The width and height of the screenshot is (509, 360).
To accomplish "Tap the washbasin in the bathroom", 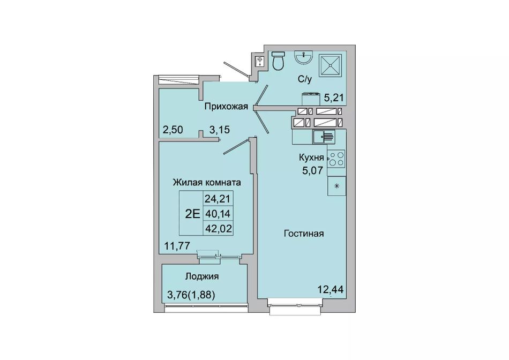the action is pos(303,57).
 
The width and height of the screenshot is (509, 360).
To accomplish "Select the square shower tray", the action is pos(330,65).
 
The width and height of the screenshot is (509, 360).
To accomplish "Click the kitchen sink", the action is pos(324,137).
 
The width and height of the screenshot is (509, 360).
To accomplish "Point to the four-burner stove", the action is pos(336,159).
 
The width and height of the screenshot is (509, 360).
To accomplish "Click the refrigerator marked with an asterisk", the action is pos(336,186).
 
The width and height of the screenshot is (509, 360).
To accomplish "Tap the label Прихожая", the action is pos(226,107).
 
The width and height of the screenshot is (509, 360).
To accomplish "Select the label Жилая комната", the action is pos(207,183).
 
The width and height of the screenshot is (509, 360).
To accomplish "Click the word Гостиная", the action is pos(303,234).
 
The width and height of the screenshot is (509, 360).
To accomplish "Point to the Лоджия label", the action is pos(201,276).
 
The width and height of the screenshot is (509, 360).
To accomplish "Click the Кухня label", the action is pos(311,157).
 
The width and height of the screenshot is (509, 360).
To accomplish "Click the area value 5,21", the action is pos(334,97).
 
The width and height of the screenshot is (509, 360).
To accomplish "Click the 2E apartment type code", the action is pos(192,214).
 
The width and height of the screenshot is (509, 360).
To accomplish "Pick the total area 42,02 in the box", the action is pos(219,229).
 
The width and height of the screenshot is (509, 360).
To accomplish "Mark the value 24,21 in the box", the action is pos(219,198).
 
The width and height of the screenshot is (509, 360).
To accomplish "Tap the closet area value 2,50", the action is pos(173,130).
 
